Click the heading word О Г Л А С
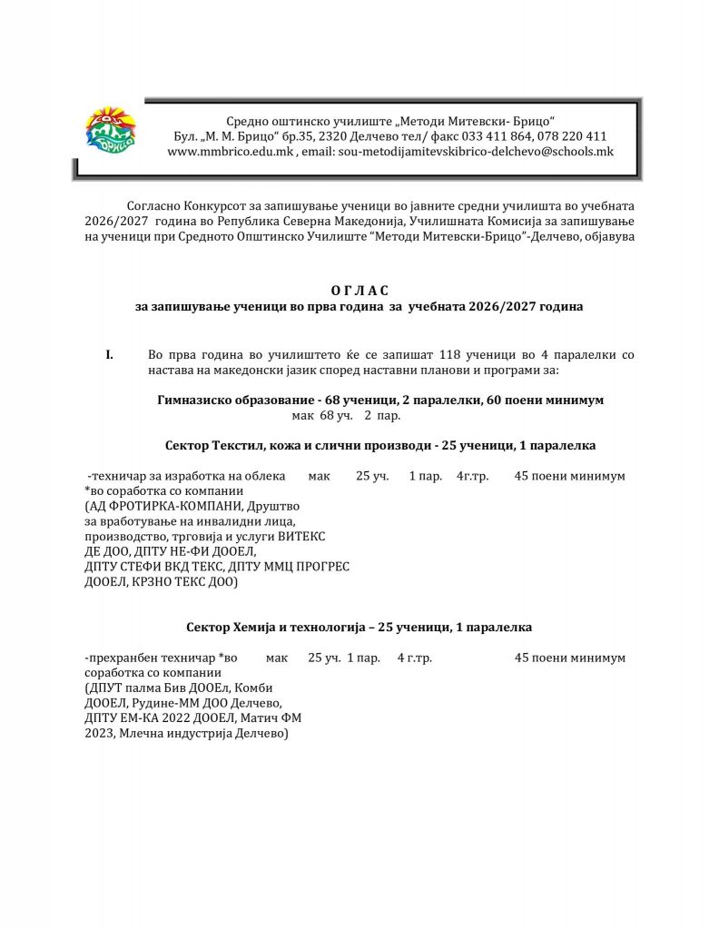pyautogui.click(x=359, y=290)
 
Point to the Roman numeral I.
pyautogui.click(x=109, y=354)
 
